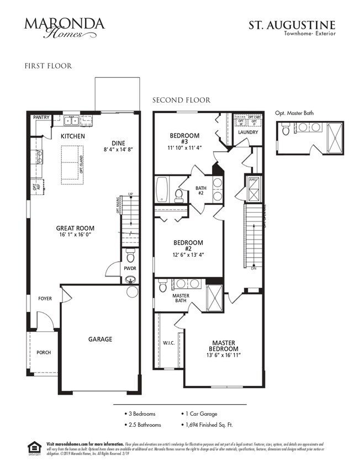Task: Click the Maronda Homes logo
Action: (x=64, y=27)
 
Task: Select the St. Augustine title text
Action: (x=299, y=25)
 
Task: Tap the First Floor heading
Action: (x=48, y=66)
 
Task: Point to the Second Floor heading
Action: (x=181, y=100)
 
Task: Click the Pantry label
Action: (x=41, y=117)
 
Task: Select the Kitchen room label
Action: (x=73, y=136)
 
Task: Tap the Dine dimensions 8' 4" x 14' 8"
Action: (x=118, y=149)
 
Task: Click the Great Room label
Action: (x=75, y=228)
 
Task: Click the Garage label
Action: (x=100, y=339)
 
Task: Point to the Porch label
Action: (x=44, y=352)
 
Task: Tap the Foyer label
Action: (x=45, y=299)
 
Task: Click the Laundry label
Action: (x=248, y=133)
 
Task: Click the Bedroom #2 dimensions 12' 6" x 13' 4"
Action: (x=188, y=255)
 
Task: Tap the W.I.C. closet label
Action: (x=168, y=343)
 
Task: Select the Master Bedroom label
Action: (x=224, y=346)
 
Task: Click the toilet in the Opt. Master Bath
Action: (x=285, y=131)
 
